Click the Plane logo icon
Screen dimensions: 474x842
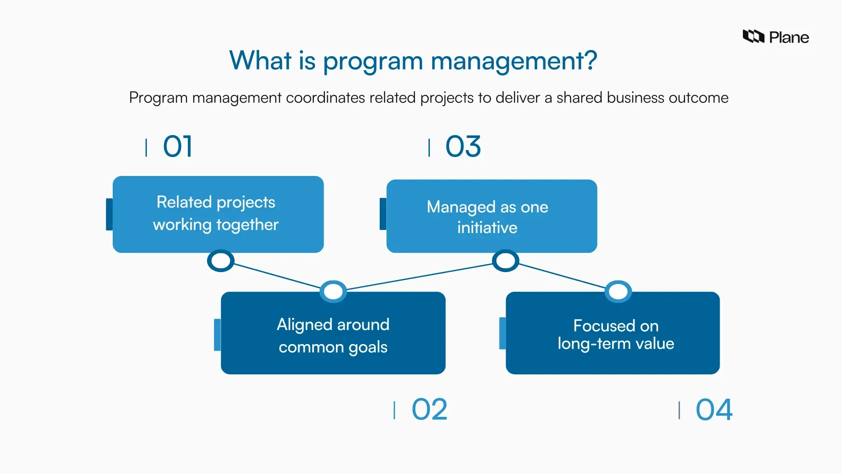tap(753, 36)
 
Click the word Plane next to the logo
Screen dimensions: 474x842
tap(789, 38)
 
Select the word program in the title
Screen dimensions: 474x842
tap(372, 61)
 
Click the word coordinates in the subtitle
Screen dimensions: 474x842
tap(325, 97)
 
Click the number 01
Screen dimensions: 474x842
tap(178, 146)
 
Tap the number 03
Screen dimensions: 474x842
tap(463, 146)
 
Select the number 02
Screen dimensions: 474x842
tap(429, 409)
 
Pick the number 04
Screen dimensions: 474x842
tap(714, 409)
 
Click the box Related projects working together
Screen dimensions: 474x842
tap(218, 214)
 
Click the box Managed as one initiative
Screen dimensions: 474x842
tap(492, 216)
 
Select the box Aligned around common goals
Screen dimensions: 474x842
tap(333, 333)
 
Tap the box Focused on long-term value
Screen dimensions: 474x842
tap(613, 333)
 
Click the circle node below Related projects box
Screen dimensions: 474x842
tap(221, 261)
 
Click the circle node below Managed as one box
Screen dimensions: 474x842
tap(506, 261)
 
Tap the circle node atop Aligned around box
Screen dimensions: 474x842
tap(333, 291)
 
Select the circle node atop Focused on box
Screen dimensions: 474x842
tap(618, 291)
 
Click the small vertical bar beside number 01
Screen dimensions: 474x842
tap(146, 147)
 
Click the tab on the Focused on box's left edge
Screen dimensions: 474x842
tap(503, 334)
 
